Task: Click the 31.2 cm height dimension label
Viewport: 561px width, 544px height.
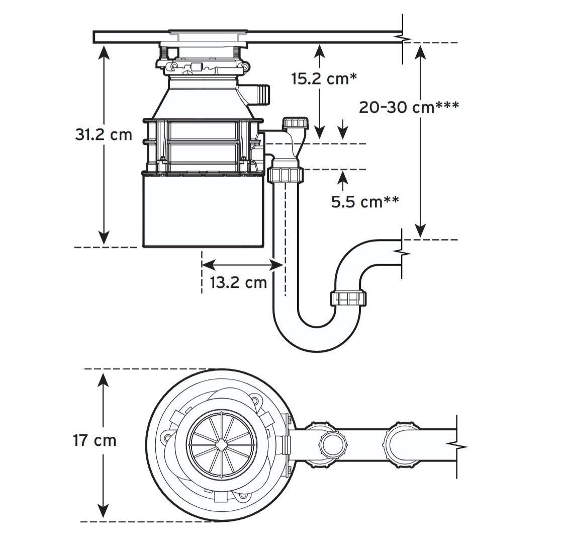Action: pos(104,135)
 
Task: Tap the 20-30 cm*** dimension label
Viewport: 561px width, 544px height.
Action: pos(409,107)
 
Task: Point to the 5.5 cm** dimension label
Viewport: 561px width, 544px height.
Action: pos(365,202)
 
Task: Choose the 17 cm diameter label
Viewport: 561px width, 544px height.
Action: pos(95,440)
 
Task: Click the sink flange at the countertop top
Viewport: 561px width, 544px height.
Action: pos(208,32)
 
